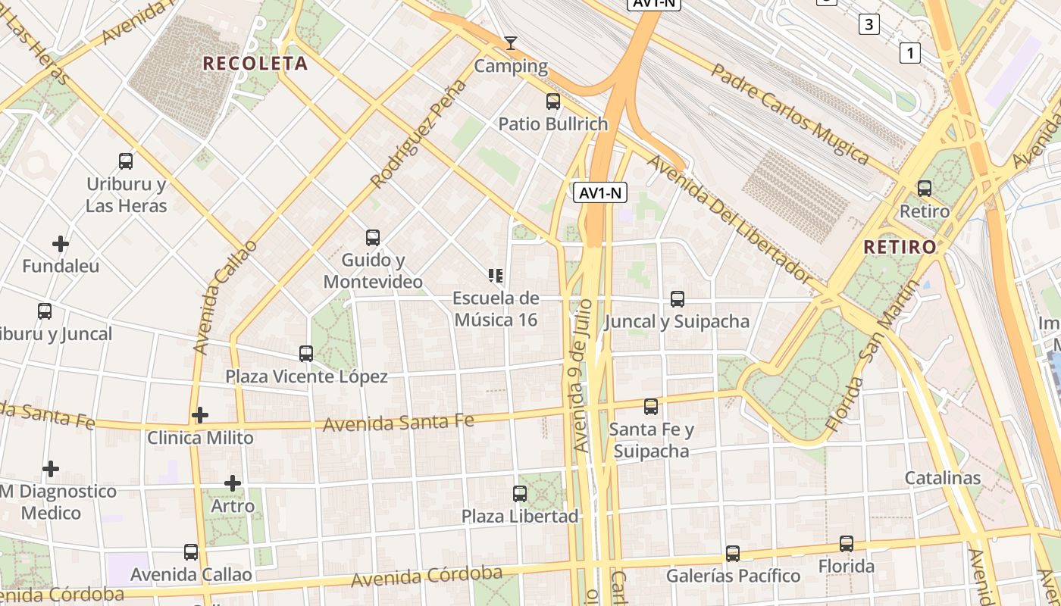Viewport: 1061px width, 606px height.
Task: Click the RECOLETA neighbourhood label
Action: [255, 64]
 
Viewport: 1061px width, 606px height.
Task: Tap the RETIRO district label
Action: [900, 247]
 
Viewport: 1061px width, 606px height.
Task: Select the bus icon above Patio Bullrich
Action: [553, 101]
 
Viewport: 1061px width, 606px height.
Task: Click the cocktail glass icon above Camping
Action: [511, 43]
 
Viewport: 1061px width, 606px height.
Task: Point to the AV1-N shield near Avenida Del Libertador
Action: [599, 192]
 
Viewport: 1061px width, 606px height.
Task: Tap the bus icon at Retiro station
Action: [924, 189]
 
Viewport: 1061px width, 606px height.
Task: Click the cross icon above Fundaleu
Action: [61, 244]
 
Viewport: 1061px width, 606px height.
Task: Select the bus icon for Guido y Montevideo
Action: [372, 237]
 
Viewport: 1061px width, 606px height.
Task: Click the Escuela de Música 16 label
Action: [496, 309]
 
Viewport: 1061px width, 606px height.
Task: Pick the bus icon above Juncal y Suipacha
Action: [677, 299]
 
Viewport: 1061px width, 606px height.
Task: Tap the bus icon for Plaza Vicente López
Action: [306, 353]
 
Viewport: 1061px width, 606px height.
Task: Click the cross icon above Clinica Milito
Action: [200, 415]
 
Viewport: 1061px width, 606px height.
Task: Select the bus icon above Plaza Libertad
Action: [520, 494]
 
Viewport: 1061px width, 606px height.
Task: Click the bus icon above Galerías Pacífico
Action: [732, 554]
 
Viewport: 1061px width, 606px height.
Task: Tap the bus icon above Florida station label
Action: [846, 544]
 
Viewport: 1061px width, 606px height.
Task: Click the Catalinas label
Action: [942, 479]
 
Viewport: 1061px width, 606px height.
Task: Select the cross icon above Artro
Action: [233, 483]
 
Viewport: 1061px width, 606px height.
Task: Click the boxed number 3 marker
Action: [869, 24]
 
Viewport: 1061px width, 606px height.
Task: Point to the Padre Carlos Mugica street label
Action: [790, 114]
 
